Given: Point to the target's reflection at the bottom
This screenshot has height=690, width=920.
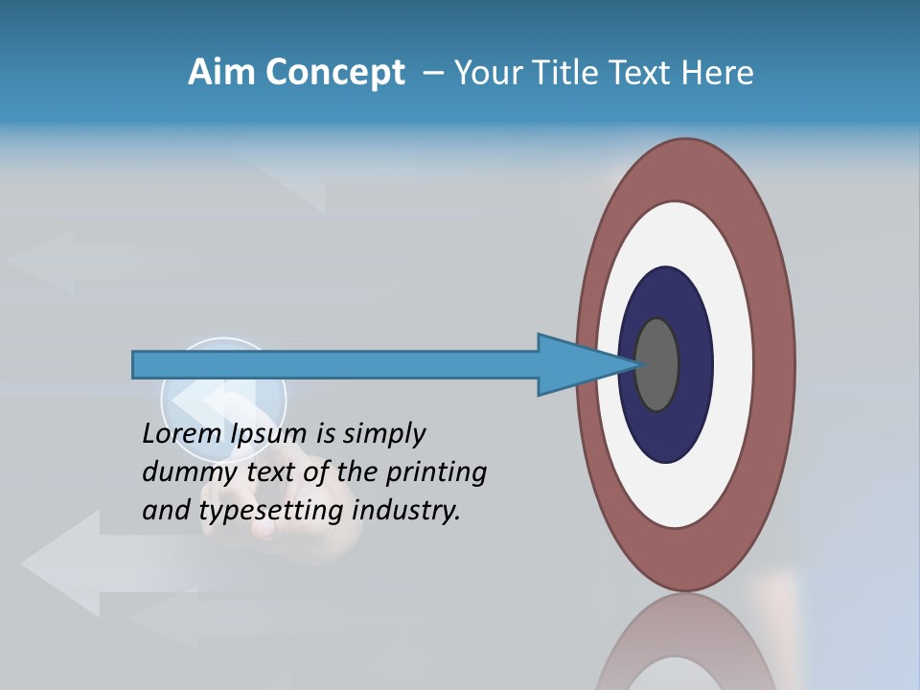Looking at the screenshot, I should click(x=685, y=642).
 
